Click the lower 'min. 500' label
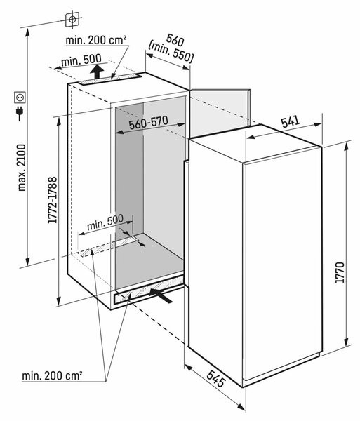coord(105,222)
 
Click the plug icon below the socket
coord(19,112)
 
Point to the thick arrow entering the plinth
coord(164,298)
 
